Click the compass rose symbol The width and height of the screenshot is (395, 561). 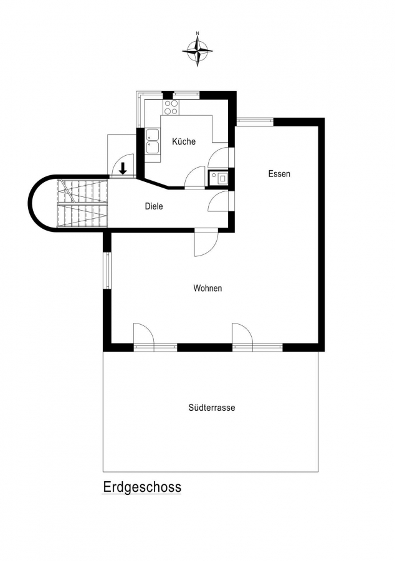pyautogui.click(x=197, y=51)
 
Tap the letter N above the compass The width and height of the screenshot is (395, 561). pyautogui.click(x=197, y=33)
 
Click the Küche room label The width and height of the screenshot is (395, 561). pyautogui.click(x=184, y=141)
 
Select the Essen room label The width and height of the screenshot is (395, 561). pyautogui.click(x=279, y=174)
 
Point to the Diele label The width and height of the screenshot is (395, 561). pyautogui.click(x=154, y=206)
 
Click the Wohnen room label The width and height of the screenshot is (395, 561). pyautogui.click(x=207, y=288)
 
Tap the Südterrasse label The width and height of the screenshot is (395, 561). pyautogui.click(x=212, y=408)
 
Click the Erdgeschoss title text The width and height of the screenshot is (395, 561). pyautogui.click(x=142, y=487)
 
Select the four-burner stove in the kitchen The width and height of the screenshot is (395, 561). pyautogui.click(x=171, y=107)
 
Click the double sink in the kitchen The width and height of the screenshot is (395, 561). pyautogui.click(x=153, y=141)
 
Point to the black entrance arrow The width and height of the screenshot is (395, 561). pyautogui.click(x=123, y=168)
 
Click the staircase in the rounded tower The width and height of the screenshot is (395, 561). pyautogui.click(x=83, y=203)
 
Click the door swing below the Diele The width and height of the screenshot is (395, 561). pyautogui.click(x=206, y=244)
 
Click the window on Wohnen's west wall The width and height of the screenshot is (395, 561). pyautogui.click(x=107, y=271)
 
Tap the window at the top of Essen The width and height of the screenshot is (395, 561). pyautogui.click(x=255, y=122)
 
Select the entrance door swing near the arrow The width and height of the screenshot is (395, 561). pyautogui.click(x=123, y=165)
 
